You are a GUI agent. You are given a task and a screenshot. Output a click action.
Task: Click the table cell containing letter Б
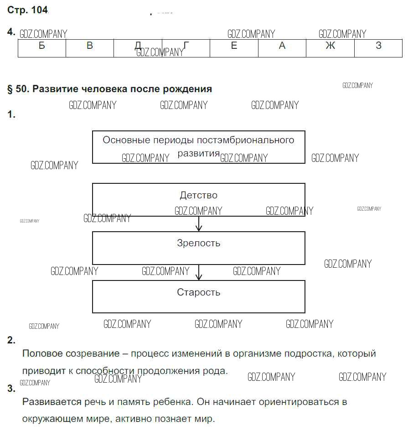click(42, 48)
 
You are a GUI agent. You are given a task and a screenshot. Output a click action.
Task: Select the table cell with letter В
click(90, 48)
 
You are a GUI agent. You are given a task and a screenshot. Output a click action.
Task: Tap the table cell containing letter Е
click(234, 48)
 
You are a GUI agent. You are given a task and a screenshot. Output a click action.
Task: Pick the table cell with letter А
click(282, 48)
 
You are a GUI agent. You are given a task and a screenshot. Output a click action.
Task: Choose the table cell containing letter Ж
click(330, 48)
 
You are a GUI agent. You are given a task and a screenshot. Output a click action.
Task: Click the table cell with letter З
click(378, 48)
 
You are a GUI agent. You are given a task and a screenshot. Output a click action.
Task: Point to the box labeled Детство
click(199, 200)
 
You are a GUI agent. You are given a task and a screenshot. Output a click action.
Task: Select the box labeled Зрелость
click(199, 248)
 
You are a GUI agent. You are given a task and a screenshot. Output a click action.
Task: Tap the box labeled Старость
click(199, 296)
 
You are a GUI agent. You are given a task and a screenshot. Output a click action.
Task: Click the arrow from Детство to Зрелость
click(199, 224)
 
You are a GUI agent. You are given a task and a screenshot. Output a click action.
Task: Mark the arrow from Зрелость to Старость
click(199, 273)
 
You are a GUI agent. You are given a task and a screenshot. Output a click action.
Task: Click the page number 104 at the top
click(40, 10)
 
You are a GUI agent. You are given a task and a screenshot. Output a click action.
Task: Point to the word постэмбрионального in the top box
click(249, 140)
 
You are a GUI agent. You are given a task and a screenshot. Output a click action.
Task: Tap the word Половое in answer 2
click(41, 353)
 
